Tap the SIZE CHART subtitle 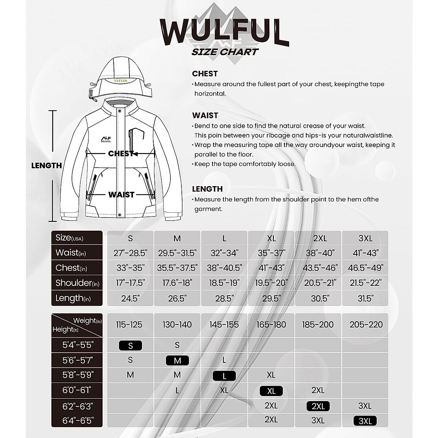[225, 52]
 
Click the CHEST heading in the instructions [205, 74]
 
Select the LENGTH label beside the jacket [46, 165]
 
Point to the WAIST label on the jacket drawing [121, 195]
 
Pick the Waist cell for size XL [271, 253]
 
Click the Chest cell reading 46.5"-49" [365, 268]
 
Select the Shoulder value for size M [177, 283]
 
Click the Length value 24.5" [130, 298]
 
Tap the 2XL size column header [318, 238]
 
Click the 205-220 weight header [366, 324]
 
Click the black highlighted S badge [130, 345]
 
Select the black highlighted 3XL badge [365, 421]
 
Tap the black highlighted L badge [224, 376]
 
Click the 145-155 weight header [224, 324]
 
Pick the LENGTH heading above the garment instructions [207, 189]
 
